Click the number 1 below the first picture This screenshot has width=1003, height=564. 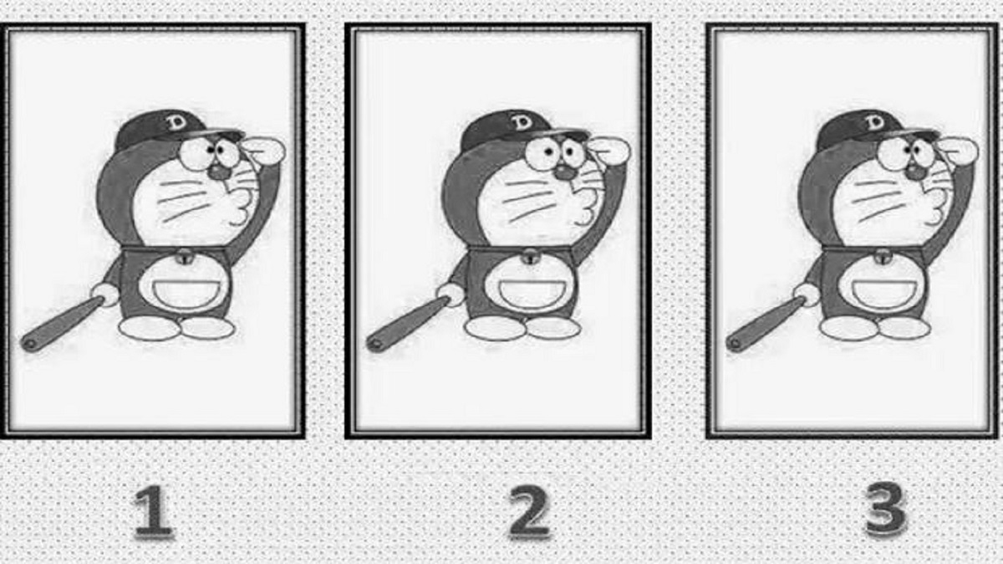click(x=154, y=511)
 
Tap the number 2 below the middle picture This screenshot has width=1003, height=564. click(x=529, y=511)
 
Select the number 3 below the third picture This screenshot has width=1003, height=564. click(x=886, y=509)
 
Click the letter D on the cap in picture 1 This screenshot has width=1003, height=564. click(x=177, y=122)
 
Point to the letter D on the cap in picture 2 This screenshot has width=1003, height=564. click(x=522, y=122)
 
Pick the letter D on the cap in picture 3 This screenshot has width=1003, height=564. click(x=874, y=122)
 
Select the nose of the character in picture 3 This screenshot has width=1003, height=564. click(x=914, y=172)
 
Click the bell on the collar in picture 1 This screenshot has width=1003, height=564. click(x=183, y=257)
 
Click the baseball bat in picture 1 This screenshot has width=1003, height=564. click(x=63, y=324)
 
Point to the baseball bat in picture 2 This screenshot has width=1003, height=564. click(x=409, y=324)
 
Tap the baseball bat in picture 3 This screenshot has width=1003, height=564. click(x=766, y=324)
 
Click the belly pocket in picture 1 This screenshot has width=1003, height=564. click(x=184, y=294)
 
